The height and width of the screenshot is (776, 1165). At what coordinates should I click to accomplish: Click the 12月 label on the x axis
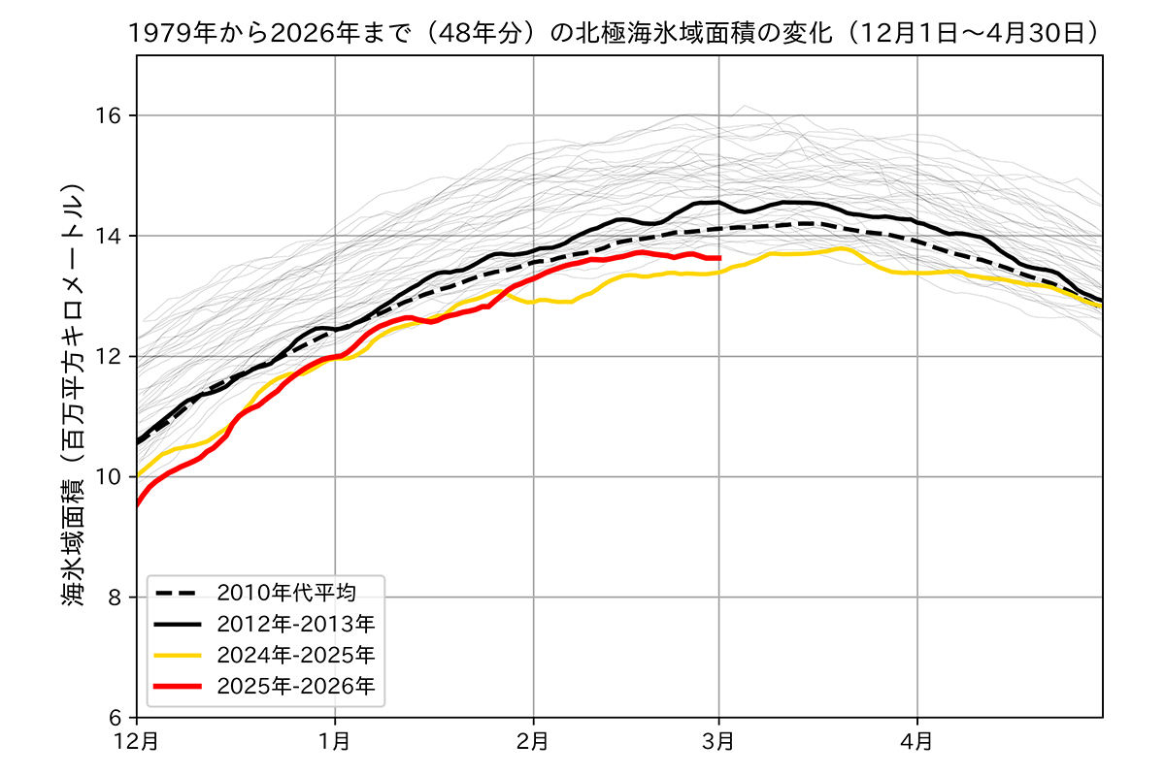(x=137, y=742)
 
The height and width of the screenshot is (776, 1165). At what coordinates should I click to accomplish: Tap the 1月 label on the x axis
(x=335, y=742)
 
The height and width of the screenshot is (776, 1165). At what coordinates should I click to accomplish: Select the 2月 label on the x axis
(x=533, y=742)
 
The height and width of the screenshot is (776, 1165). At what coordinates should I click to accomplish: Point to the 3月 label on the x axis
(x=719, y=742)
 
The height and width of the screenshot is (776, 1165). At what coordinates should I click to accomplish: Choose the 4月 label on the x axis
(x=917, y=742)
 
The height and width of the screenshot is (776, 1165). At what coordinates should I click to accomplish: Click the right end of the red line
(x=719, y=258)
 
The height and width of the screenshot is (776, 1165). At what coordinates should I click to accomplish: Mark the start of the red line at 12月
(x=138, y=504)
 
